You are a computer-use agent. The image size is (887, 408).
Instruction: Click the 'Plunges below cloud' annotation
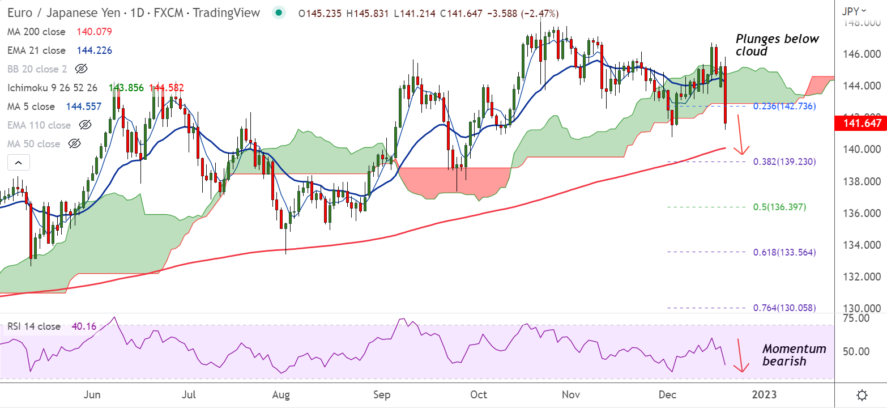pyautogui.click(x=777, y=45)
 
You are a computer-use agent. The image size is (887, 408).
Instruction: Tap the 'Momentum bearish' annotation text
pyautogui.click(x=794, y=355)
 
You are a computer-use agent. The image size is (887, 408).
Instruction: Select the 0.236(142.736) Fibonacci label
pyautogui.click(x=784, y=106)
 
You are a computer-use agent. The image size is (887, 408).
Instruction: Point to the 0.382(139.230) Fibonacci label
pyautogui.click(x=784, y=161)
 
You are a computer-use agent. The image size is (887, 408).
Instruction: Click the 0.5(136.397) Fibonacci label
pyautogui.click(x=779, y=207)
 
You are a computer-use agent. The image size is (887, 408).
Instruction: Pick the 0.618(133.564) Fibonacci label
pyautogui.click(x=784, y=252)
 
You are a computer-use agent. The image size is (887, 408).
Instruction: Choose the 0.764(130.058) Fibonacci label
pyautogui.click(x=784, y=308)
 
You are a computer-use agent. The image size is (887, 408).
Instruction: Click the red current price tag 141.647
pyautogui.click(x=860, y=123)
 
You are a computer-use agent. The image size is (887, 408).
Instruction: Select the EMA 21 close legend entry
pyautogui.click(x=37, y=50)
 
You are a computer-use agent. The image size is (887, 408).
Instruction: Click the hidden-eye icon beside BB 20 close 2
pyautogui.click(x=82, y=69)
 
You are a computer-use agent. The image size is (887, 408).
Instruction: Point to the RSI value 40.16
pyautogui.click(x=83, y=326)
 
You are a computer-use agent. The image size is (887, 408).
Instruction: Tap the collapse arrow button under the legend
pyautogui.click(x=18, y=163)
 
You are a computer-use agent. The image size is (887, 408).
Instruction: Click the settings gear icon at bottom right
pyautogui.click(x=862, y=394)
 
